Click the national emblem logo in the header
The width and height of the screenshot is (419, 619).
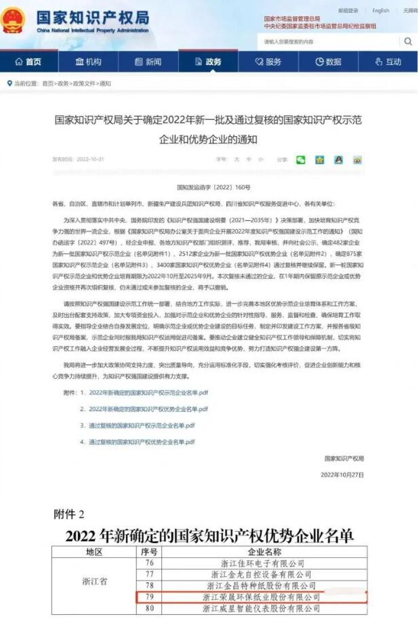(13, 21)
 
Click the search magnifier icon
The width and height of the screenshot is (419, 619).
(408, 41)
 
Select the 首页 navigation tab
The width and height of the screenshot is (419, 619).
(28, 62)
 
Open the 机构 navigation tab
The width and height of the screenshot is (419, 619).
(88, 62)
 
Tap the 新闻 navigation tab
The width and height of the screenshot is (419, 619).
(148, 62)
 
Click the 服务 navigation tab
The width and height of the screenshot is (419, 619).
(268, 62)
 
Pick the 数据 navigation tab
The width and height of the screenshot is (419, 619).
(328, 62)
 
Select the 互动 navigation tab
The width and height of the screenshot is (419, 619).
(388, 62)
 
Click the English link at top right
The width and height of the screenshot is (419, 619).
(380, 10)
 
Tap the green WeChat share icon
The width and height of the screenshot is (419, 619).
(300, 160)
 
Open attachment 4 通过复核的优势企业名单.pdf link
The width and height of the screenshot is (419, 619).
(142, 442)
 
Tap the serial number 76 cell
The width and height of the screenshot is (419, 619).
(151, 563)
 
